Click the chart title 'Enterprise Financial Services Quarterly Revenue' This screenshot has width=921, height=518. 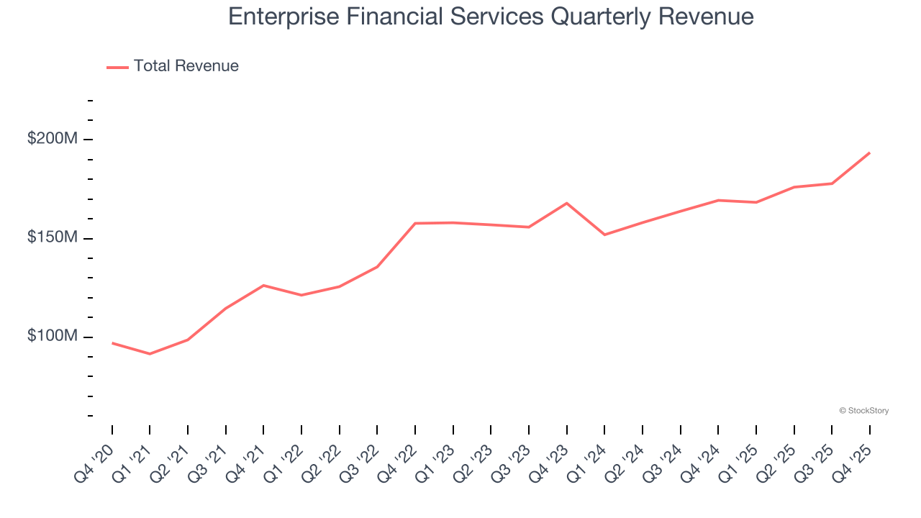491,17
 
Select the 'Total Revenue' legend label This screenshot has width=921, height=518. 186,66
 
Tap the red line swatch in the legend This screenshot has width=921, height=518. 117,67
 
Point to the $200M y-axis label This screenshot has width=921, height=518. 52,138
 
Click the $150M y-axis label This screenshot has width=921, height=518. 52,237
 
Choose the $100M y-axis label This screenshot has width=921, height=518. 52,336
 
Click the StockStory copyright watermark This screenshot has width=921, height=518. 863,411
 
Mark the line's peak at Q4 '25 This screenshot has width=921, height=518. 869,153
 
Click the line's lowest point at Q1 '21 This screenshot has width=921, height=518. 150,354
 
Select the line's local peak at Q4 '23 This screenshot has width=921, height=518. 567,203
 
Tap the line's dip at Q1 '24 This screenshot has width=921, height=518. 604,235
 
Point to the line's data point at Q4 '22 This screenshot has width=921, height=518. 415,223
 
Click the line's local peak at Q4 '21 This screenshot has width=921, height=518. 263,286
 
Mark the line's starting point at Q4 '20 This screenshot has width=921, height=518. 112,343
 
